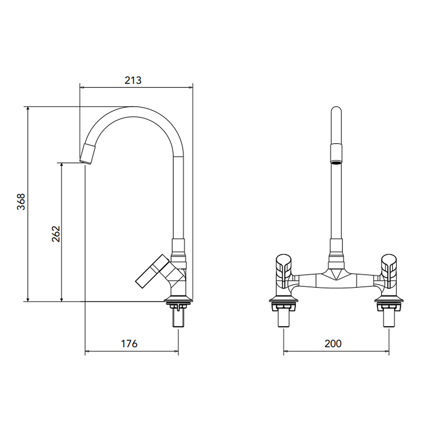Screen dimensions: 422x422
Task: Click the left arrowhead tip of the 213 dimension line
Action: (x=80, y=87)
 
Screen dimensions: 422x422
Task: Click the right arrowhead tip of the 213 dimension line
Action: (x=192, y=87)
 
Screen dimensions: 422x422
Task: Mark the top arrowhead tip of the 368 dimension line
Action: (x=27, y=107)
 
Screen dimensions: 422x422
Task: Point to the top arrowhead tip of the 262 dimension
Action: (x=62, y=163)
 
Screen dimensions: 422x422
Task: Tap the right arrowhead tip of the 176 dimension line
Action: (x=178, y=351)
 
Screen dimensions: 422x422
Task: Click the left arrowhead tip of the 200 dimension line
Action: (x=284, y=351)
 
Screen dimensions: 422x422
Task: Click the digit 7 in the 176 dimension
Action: (x=129, y=344)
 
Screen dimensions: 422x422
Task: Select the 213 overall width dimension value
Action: (x=133, y=81)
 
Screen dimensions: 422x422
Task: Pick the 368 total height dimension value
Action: (x=21, y=202)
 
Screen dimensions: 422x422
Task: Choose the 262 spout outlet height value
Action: (x=56, y=234)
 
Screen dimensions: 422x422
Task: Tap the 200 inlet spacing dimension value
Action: (x=333, y=344)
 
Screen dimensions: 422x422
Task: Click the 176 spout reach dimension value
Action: (x=129, y=344)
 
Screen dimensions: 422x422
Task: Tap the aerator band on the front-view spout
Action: (x=336, y=153)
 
